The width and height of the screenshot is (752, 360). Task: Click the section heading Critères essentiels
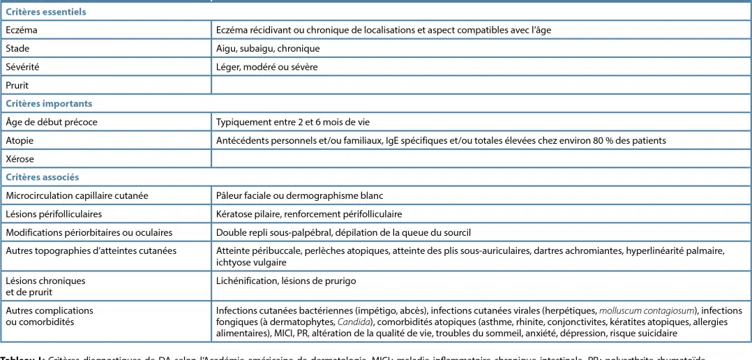[46, 12]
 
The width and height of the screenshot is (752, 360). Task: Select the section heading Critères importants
[49, 103]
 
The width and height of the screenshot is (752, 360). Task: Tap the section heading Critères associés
[43, 177]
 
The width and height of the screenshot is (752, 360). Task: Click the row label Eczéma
[22, 30]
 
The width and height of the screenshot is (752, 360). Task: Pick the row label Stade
[17, 49]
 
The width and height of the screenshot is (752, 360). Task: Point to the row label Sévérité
[22, 67]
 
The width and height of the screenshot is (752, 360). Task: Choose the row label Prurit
[17, 85]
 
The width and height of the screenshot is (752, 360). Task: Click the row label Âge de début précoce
[52, 122]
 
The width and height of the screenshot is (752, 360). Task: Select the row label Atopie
[20, 140]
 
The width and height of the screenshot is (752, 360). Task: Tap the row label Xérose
[20, 159]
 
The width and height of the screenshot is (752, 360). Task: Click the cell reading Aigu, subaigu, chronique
[268, 49]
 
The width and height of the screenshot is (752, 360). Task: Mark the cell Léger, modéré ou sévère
[267, 67]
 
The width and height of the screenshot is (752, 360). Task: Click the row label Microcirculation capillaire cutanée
[77, 195]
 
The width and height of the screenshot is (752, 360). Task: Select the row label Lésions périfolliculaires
[54, 214]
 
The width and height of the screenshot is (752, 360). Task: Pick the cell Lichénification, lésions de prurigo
[286, 281]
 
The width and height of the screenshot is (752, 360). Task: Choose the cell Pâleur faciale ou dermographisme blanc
[299, 195]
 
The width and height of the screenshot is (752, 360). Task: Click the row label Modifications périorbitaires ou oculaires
[89, 232]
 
